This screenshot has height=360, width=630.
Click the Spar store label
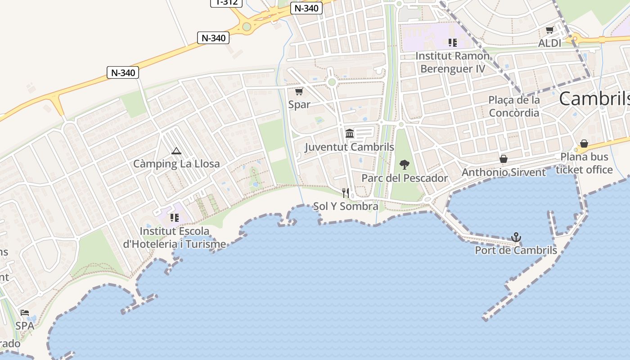click(299, 104)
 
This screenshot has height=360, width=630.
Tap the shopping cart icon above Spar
click(299, 92)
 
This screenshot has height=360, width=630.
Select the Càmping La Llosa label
click(176, 163)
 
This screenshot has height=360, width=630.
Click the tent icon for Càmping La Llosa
click(176, 151)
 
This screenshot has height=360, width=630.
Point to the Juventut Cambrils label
click(349, 147)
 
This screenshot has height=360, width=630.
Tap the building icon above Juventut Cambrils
click(350, 134)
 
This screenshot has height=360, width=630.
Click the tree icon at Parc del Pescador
click(405, 165)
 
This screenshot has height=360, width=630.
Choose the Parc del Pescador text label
click(405, 178)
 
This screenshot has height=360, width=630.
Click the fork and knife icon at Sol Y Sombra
click(346, 193)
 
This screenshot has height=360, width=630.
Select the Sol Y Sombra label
click(346, 206)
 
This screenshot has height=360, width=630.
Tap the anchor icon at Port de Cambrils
click(516, 237)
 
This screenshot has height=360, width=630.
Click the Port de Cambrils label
click(516, 250)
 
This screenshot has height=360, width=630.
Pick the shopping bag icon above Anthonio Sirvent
click(504, 159)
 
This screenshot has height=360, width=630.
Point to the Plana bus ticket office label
click(584, 163)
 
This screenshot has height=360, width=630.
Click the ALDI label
click(549, 43)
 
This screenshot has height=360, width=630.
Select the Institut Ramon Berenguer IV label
click(452, 62)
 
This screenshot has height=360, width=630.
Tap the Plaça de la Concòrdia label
click(514, 106)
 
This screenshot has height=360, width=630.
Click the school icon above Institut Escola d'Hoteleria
click(175, 218)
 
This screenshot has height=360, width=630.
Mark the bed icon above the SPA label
click(25, 313)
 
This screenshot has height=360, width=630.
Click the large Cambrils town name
click(594, 99)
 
